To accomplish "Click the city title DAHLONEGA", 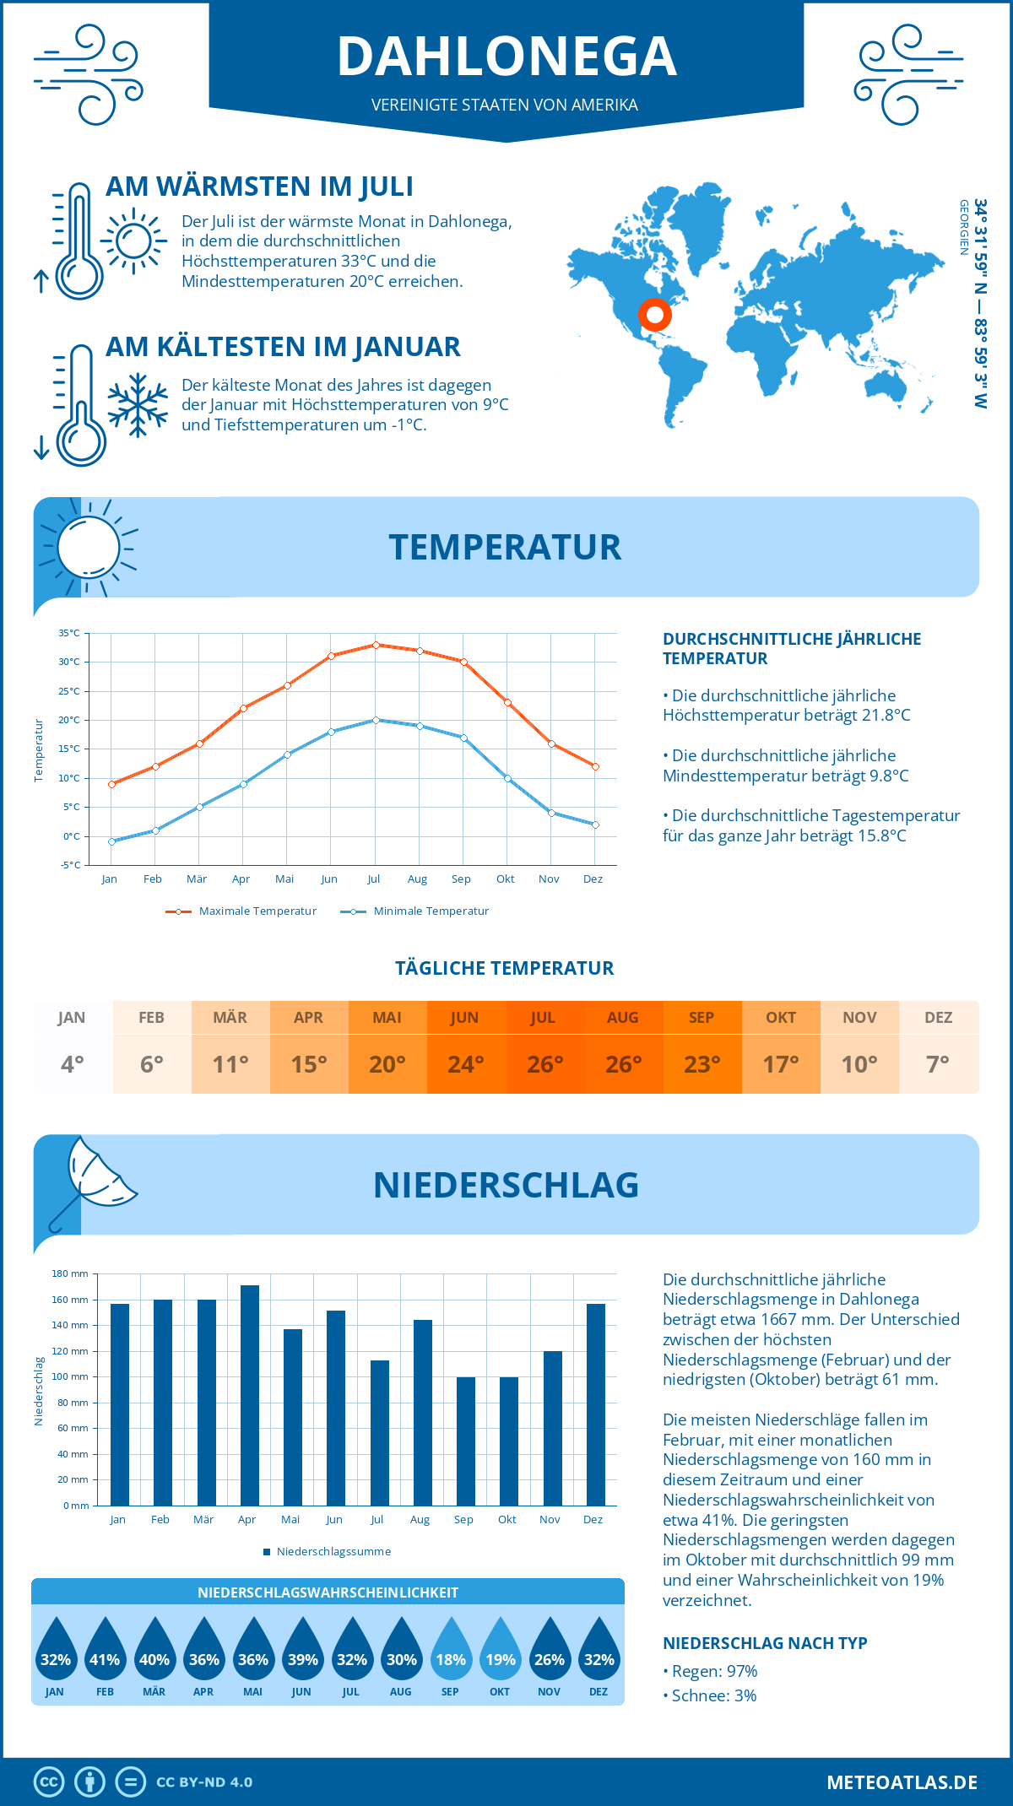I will pyautogui.click(x=506, y=57).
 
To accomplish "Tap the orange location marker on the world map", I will pyautogui.click(x=654, y=315).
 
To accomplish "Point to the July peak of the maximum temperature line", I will pyautogui.click(x=376, y=645).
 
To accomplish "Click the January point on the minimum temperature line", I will pyautogui.click(x=111, y=841).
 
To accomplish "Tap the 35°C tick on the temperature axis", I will pyautogui.click(x=69, y=633).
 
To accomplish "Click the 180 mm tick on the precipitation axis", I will pyautogui.click(x=70, y=1273).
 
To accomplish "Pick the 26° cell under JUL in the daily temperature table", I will pyautogui.click(x=544, y=1064).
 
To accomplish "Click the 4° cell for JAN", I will pyautogui.click(x=73, y=1064).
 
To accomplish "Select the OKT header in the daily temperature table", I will pyautogui.click(x=780, y=1017).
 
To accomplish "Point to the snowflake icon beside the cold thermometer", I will pyautogui.click(x=138, y=405).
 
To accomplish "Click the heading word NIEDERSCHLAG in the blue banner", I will pyautogui.click(x=506, y=1185).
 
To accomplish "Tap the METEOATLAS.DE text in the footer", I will pyautogui.click(x=902, y=1782).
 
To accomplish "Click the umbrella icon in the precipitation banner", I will pyautogui.click(x=93, y=1177).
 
